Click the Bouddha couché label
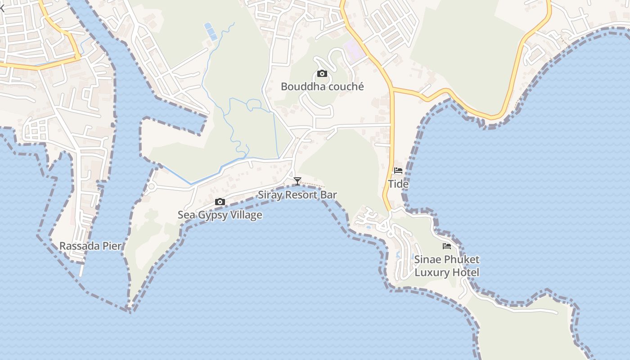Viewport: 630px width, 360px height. (322, 86)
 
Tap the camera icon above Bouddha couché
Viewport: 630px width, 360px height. (322, 74)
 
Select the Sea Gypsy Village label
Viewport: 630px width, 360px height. (220, 215)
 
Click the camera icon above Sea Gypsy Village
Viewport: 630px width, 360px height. (220, 202)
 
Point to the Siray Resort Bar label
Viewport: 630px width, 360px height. (297, 195)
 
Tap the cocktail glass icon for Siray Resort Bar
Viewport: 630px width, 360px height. (297, 181)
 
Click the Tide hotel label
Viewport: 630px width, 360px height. (398, 184)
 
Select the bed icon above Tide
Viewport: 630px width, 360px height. (398, 171)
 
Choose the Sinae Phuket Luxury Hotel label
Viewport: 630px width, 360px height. (446, 266)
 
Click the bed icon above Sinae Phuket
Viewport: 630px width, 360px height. (446, 246)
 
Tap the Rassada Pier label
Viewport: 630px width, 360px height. (90, 246)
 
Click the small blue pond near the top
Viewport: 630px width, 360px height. (211, 31)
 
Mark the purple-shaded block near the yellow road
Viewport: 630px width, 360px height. (354, 49)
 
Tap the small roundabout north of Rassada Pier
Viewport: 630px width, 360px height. (151, 186)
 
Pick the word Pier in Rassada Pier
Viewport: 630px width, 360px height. (114, 246)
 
